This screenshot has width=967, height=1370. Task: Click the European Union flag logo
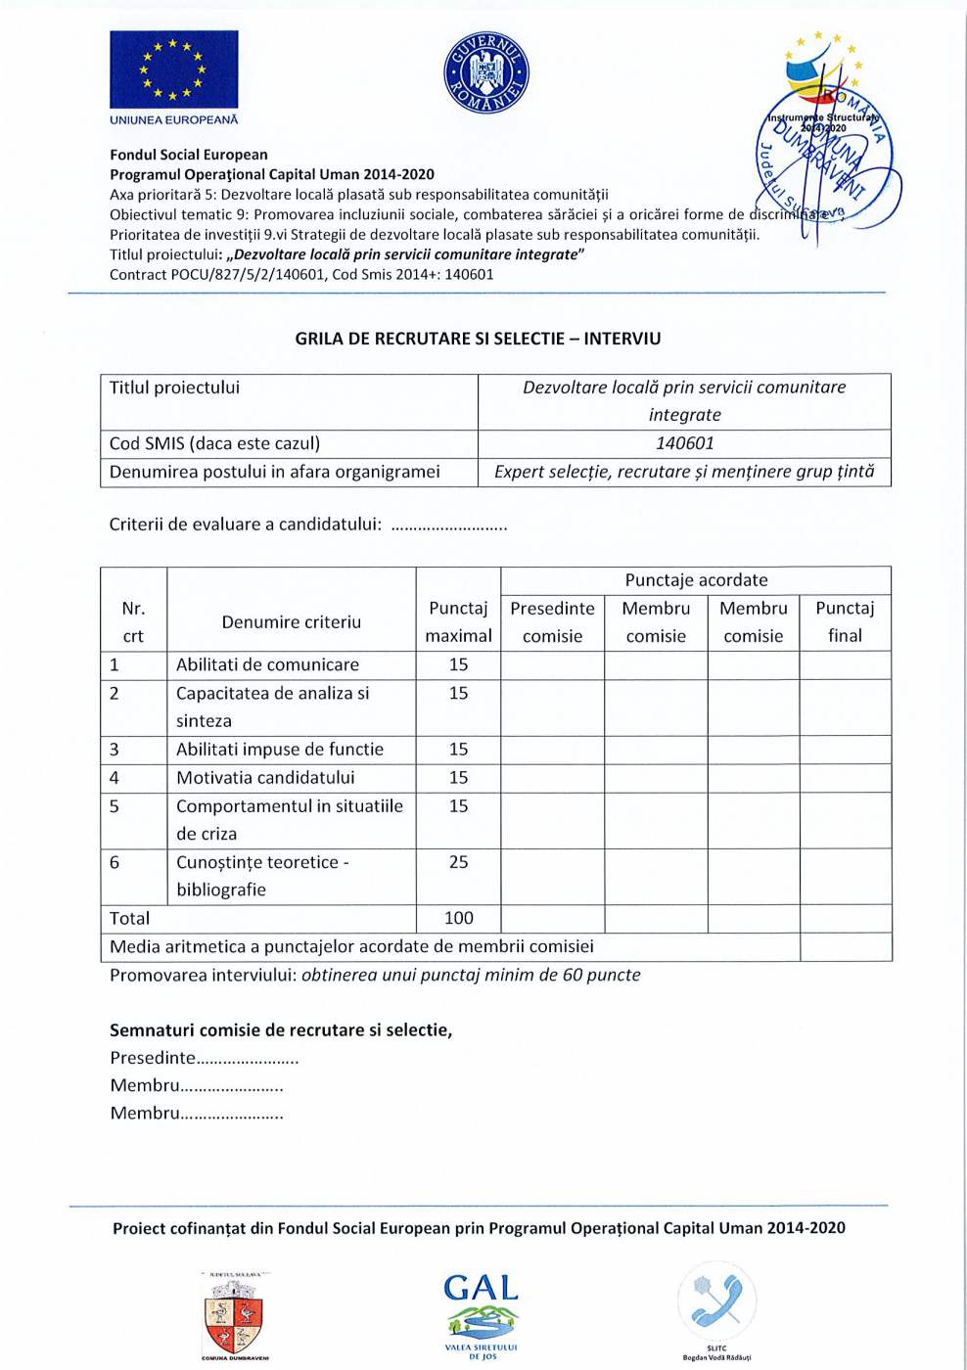coord(173,69)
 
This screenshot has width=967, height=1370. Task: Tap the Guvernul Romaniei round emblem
coord(486,72)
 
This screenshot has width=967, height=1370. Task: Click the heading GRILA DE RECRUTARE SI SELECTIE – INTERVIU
coord(478,339)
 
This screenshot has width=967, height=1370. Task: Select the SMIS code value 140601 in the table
coord(684,443)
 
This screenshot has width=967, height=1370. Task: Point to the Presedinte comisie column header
coord(552,621)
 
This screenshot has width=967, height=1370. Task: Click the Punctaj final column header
coord(845,621)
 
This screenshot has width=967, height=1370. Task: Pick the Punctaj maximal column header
coord(458,621)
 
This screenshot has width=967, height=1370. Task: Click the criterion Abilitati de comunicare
coord(267,664)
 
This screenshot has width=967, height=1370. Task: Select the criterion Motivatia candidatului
coord(265,778)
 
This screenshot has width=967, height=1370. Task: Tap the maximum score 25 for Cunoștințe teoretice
coord(458,862)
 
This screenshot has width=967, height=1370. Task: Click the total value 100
coord(458,918)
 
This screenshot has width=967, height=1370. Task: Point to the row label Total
coord(130,918)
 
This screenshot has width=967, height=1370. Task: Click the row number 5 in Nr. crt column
coord(115,806)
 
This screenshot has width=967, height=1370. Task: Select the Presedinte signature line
coord(205,1058)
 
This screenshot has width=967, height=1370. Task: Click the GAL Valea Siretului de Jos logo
coord(482,1315)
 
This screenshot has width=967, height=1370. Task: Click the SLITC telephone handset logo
coord(716,1305)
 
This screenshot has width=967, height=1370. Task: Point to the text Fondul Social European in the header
coord(189,155)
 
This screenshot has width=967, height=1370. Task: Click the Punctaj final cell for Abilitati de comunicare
coord(845,664)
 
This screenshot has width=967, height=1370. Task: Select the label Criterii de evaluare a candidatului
coord(245,525)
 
